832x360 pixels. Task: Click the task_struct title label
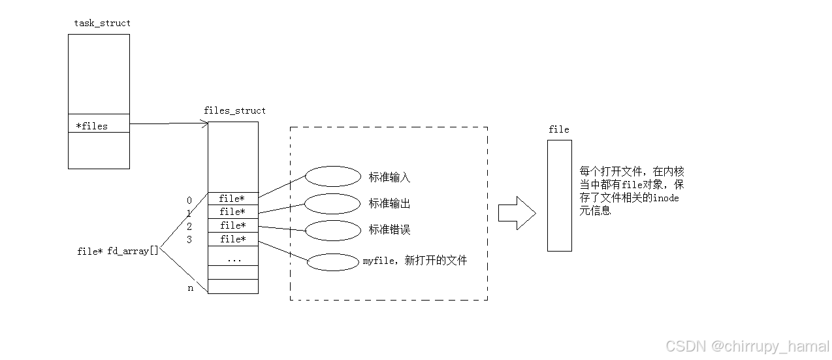(102, 23)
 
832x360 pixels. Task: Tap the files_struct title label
(234, 110)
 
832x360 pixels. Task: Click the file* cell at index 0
(232, 199)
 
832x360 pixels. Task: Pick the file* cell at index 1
(232, 212)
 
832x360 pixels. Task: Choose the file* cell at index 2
(232, 225)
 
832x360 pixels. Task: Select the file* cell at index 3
(232, 239)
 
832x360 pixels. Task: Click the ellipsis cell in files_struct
(233, 259)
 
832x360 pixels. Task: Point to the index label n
(191, 288)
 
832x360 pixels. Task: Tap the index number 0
(189, 201)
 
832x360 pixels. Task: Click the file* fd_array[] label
(118, 251)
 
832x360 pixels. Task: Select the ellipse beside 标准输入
(332, 176)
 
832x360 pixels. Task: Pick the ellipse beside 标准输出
(332, 203)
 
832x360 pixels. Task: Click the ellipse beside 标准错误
(332, 230)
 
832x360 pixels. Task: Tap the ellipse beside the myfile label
(332, 261)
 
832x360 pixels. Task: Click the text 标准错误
(389, 230)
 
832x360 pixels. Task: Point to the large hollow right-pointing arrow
(517, 213)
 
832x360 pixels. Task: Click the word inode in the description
(665, 197)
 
